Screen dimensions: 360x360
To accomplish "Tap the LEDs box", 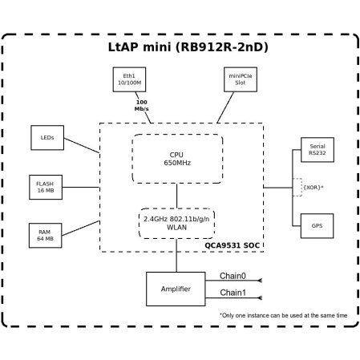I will tap(47, 137).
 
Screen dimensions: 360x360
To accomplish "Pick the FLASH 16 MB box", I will tap(45, 187).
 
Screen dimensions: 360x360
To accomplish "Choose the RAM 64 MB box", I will tap(45, 235).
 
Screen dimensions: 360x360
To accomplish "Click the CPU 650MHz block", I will tap(176, 158).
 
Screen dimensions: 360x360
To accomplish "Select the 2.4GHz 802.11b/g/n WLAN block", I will tap(176, 223).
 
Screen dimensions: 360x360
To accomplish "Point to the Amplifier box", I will tap(175, 289).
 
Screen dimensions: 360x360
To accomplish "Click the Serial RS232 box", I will tap(317, 150).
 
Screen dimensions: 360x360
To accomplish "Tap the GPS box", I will tap(317, 225).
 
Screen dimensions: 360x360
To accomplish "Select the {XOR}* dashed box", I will tap(313, 187).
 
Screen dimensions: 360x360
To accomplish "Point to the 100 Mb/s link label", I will tap(141, 105).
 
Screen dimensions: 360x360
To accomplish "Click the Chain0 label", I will tap(233, 276).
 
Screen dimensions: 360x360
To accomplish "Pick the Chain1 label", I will tap(233, 293).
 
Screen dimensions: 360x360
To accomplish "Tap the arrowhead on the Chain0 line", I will tap(259, 281).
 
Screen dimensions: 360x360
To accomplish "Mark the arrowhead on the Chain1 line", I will tap(259, 298).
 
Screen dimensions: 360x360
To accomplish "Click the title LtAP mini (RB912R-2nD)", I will tap(188, 47).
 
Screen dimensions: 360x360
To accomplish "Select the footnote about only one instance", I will tap(283, 315).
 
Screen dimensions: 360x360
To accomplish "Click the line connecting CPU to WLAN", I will tap(176, 195).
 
